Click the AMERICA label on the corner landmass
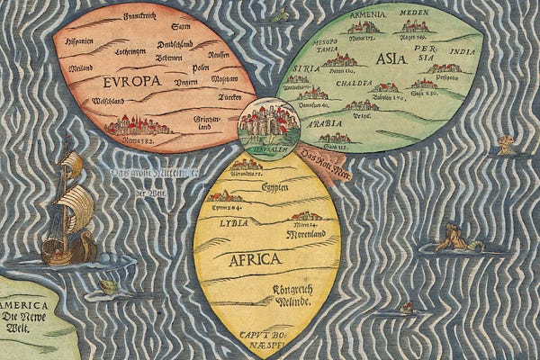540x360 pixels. coord(24,304)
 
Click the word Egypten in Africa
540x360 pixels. coord(274,190)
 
